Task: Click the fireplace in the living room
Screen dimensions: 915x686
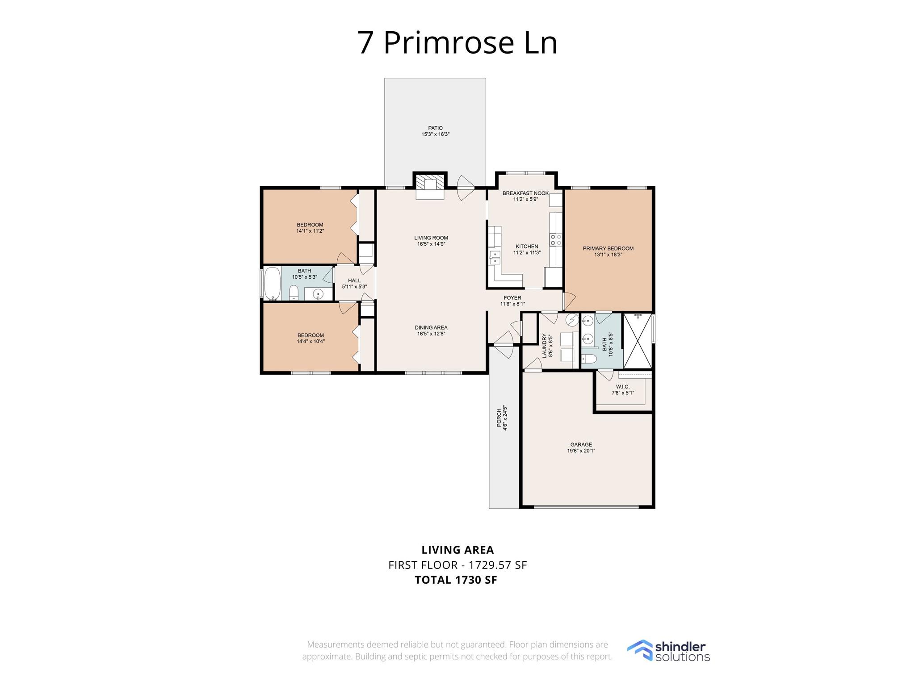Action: point(430,186)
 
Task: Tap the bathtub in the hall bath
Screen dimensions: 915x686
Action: point(272,284)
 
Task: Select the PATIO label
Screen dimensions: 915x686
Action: point(435,128)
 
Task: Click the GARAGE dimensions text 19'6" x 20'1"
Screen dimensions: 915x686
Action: point(581,451)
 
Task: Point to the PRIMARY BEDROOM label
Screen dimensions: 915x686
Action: point(608,248)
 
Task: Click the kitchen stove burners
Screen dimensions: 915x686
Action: point(556,239)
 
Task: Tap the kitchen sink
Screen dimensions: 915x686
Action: point(495,258)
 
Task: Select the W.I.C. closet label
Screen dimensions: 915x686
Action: point(623,387)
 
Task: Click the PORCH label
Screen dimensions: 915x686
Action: point(499,418)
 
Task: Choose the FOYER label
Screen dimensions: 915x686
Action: point(512,298)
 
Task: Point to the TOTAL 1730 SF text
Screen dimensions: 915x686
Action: point(456,580)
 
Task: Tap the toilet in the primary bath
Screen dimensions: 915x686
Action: point(589,360)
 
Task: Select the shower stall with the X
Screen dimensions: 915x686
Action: point(638,341)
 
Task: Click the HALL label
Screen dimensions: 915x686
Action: point(354,280)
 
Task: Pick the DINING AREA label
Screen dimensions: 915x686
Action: point(431,327)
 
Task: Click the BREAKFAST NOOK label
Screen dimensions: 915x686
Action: point(525,193)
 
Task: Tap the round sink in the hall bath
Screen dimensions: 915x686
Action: point(318,294)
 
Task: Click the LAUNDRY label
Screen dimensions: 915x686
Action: point(545,346)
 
